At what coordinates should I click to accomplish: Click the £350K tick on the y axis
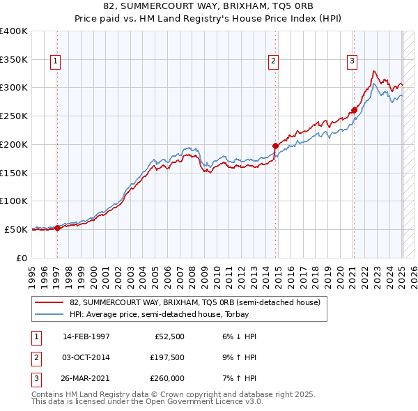pyautogui.click(x=14, y=60)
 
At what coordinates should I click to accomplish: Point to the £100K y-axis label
pyautogui.click(x=14, y=201)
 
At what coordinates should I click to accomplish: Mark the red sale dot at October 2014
pyautogui.click(x=276, y=146)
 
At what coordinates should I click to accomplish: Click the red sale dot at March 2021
pyautogui.click(x=354, y=110)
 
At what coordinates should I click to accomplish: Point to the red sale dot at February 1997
pyautogui.click(x=57, y=228)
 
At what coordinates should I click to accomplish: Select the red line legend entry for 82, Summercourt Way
pyautogui.click(x=194, y=302)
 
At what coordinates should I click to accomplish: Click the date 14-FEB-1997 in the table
pyautogui.click(x=86, y=336)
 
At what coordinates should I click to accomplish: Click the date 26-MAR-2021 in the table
pyautogui.click(x=86, y=378)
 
